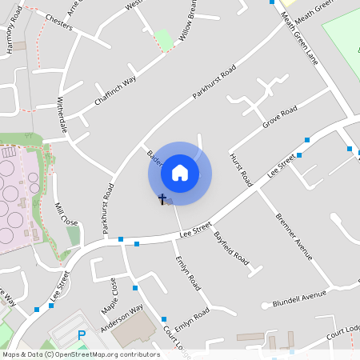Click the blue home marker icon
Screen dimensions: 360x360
click(x=180, y=173)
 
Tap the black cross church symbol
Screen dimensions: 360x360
click(x=162, y=198)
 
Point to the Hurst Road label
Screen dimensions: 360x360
click(x=240, y=169)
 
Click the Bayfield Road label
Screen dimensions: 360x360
click(x=231, y=249)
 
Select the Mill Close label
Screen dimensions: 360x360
click(x=66, y=214)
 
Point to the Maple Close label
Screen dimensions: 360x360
click(x=109, y=296)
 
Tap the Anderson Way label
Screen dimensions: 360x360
click(x=122, y=318)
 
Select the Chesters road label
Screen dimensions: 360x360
click(x=59, y=22)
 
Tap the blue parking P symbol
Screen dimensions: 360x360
click(x=80, y=335)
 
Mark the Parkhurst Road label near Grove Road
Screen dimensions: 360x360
click(x=214, y=83)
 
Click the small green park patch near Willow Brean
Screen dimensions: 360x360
click(x=164, y=38)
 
